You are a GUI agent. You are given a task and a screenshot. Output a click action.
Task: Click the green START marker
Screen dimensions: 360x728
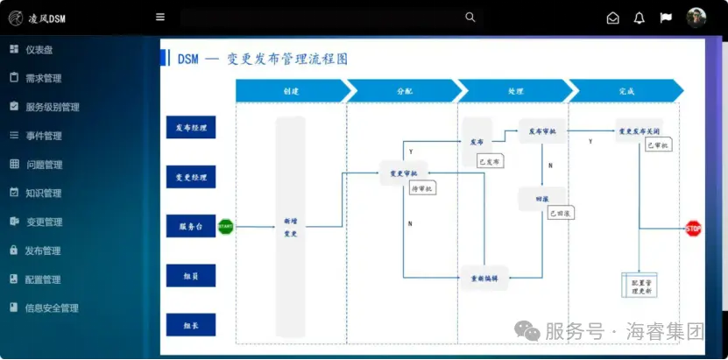pos(225,227)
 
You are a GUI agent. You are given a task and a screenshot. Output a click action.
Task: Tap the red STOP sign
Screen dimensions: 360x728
pos(693,229)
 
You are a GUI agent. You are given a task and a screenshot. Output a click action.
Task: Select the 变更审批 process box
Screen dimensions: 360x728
pos(403,173)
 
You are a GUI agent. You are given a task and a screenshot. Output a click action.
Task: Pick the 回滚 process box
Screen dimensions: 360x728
pos(541,200)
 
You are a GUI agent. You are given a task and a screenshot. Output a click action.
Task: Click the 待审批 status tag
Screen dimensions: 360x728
pos(421,188)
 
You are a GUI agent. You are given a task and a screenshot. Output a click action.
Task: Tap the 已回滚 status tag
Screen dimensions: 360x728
pos(559,214)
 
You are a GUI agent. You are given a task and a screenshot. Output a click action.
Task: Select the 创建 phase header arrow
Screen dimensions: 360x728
pos(291,90)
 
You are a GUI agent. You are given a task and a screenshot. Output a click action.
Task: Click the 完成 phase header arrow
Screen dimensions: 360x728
pos(626,90)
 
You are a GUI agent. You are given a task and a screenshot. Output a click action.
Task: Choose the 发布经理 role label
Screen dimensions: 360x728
pos(191,128)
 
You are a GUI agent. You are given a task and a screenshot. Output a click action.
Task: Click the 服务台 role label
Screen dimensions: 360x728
pos(191,226)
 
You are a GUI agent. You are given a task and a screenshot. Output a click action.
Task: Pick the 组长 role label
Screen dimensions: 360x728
pos(191,326)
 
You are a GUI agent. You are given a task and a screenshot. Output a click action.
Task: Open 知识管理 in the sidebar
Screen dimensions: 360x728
pos(44,193)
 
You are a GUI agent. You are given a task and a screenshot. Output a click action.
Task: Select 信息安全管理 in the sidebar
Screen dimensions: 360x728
pos(52,307)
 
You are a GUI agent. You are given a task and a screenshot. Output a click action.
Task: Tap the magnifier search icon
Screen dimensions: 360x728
pos(470,17)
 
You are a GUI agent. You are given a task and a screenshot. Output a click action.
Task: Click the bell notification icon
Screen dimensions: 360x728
pos(639,18)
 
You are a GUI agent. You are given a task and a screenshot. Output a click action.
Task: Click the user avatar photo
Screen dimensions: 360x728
pos(696,18)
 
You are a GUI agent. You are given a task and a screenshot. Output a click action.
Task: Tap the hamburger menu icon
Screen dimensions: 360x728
pos(160,17)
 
